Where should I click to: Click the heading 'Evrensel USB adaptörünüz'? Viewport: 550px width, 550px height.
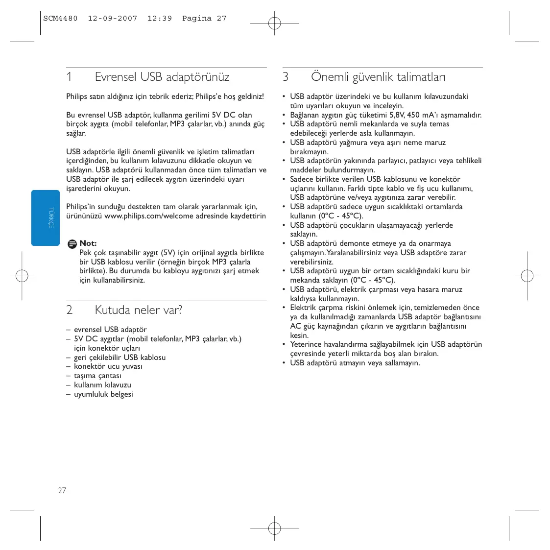[x=162, y=77]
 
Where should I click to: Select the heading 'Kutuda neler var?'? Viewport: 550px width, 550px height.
[x=138, y=310]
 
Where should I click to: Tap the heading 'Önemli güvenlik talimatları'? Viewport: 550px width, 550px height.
[x=378, y=77]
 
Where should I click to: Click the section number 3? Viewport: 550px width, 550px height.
[x=286, y=77]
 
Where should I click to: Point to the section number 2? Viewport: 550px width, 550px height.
[x=70, y=310]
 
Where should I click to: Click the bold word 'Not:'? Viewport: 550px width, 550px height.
[x=88, y=243]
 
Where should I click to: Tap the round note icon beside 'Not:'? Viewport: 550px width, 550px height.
[x=72, y=243]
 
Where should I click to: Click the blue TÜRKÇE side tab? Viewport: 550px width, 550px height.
[x=46, y=218]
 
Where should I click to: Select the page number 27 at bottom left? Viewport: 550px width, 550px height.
[x=62, y=490]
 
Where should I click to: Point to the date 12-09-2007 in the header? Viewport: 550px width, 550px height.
[x=113, y=19]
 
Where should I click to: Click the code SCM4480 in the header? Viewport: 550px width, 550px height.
[x=60, y=19]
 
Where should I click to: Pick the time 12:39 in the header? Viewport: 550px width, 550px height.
[x=160, y=19]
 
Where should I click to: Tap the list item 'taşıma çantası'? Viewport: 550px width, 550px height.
[x=97, y=376]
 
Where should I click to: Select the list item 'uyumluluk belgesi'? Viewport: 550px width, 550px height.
[x=103, y=394]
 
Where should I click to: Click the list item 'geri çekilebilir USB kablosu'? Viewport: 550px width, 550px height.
[x=120, y=358]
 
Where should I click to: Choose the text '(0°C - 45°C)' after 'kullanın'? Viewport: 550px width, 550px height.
[x=340, y=216]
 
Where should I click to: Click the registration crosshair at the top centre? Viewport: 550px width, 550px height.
[x=275, y=23]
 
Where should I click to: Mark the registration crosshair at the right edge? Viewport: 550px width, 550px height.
[x=527, y=276]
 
